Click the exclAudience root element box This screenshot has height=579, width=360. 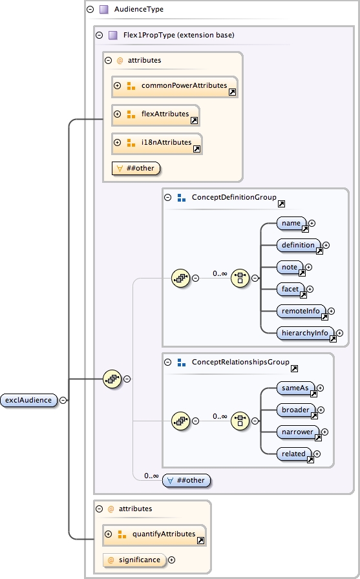pos(29,400)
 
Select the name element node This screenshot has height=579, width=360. pos(291,224)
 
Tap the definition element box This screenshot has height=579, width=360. pos(298,245)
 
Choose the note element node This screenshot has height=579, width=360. pos(290,267)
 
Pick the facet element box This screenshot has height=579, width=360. pos(290,289)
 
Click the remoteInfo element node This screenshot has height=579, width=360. pos(301,311)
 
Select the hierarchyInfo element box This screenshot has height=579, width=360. pos(305,333)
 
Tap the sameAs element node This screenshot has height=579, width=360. pos(295,388)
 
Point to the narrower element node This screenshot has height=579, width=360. pos(298,432)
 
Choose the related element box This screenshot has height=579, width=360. pos(293,454)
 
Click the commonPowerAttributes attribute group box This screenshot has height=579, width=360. pos(175,86)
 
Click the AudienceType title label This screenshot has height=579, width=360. pos(138,10)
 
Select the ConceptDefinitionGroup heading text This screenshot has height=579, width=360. pos(234,198)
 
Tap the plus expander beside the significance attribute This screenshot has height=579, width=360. pos(172,560)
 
